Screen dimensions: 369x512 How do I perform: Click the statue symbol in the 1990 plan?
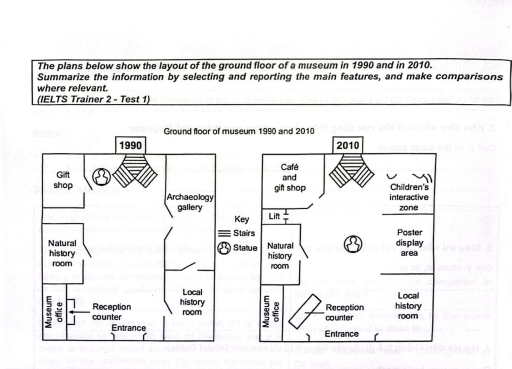point(101,177)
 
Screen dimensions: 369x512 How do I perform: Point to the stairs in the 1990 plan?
point(134,176)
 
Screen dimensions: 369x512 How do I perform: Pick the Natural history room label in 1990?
point(62,255)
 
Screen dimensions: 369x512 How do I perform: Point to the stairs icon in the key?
point(225,232)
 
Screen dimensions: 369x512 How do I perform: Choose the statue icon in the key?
point(225,248)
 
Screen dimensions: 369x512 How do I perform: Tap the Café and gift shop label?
point(289,177)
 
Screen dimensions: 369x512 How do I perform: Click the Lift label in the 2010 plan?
point(276,217)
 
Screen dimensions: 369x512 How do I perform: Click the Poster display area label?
point(421,247)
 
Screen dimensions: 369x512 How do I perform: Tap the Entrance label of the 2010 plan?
point(344,333)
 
